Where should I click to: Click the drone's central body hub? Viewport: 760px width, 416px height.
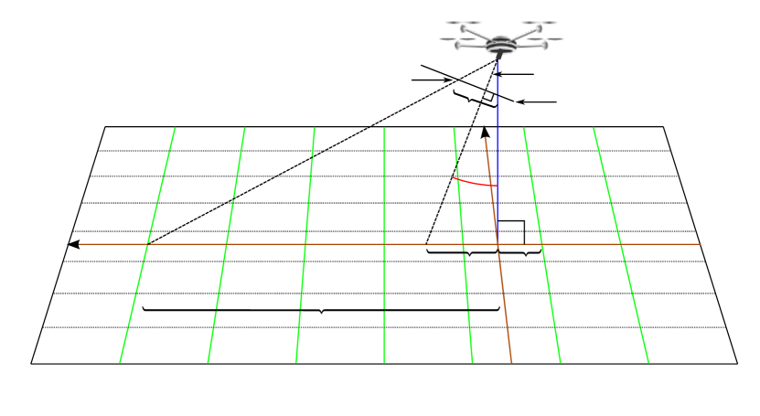(500, 44)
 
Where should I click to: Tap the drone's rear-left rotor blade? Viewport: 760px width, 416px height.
(463, 23)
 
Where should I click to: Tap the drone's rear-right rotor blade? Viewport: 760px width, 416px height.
(539, 23)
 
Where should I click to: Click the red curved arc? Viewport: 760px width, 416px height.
(474, 183)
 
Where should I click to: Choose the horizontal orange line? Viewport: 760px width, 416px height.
(274, 244)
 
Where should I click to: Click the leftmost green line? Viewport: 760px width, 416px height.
(146, 247)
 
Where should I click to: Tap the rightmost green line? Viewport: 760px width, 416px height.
(621, 247)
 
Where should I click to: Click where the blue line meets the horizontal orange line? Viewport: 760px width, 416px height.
(498, 244)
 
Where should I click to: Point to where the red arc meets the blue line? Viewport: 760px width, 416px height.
(498, 186)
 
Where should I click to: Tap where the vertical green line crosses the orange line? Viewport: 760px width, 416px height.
(384, 244)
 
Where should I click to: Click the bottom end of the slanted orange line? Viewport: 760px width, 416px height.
(511, 362)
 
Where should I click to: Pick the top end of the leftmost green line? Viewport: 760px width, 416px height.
(175, 128)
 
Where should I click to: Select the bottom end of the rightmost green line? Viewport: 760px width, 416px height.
(648, 362)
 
